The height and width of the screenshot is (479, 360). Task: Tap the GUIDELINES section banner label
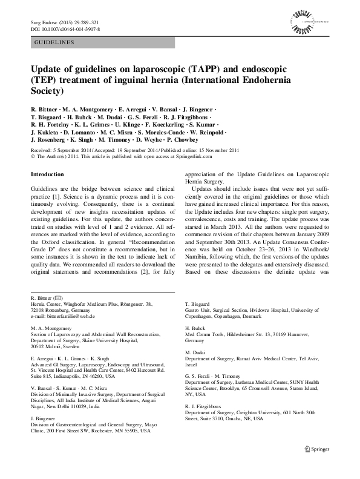coord(54,42)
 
